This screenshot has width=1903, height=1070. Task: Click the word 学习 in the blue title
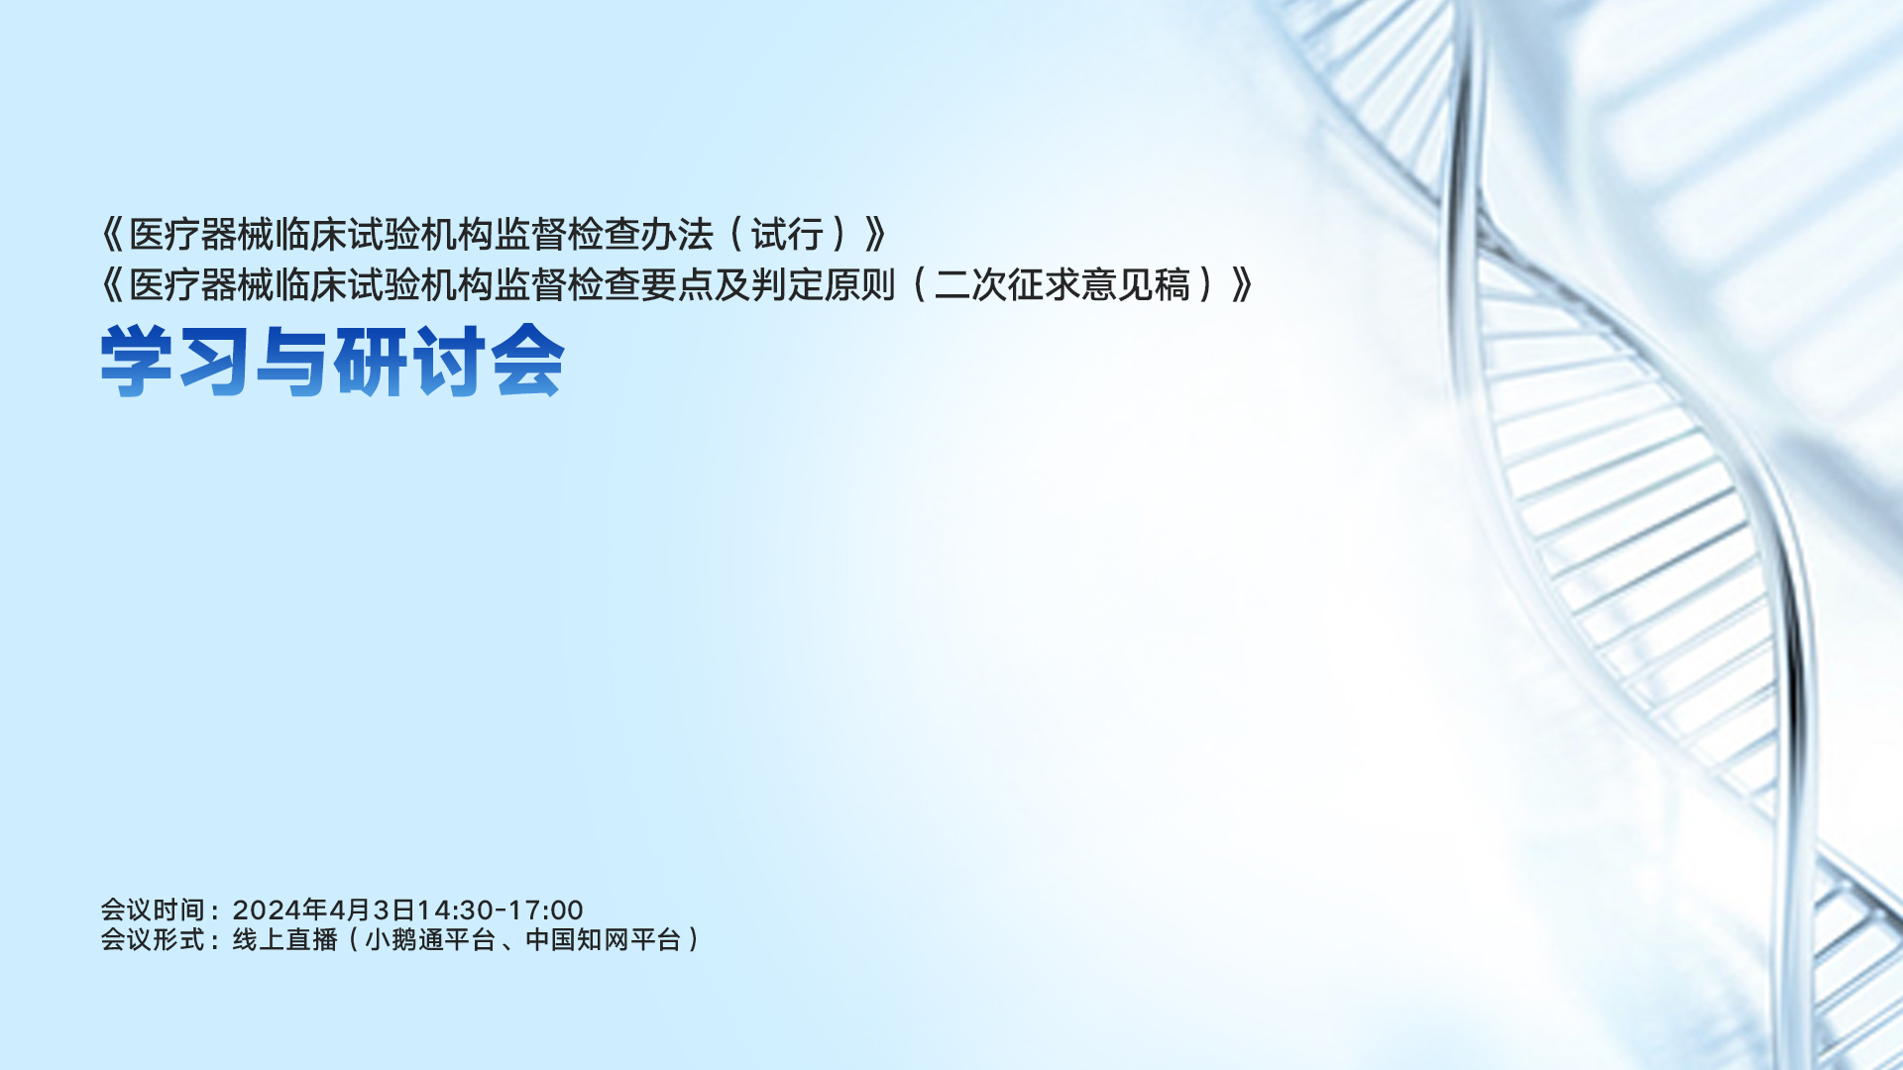click(x=174, y=362)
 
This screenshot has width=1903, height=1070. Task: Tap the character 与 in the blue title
click(x=291, y=362)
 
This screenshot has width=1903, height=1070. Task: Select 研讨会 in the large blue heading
click(x=449, y=362)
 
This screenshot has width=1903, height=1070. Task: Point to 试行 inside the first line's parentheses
click(x=787, y=235)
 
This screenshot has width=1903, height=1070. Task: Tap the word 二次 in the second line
click(x=970, y=285)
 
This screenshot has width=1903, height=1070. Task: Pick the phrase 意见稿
click(x=1136, y=285)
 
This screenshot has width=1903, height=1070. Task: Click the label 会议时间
click(x=153, y=909)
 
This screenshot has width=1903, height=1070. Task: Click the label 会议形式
click(x=153, y=939)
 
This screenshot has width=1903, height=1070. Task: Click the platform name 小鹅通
click(x=404, y=939)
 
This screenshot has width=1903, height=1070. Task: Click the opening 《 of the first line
click(x=113, y=235)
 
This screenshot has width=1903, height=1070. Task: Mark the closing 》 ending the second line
click(x=1243, y=285)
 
